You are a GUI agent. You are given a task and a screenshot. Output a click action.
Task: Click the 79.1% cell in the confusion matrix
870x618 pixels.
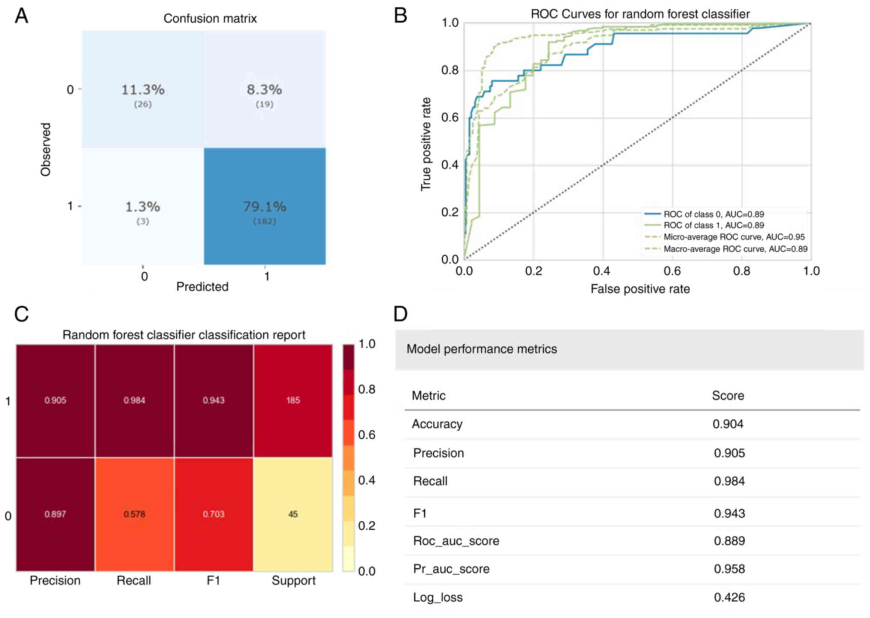[x=265, y=207]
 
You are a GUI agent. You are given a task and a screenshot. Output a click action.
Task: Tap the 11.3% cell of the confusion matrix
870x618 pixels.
[x=143, y=90]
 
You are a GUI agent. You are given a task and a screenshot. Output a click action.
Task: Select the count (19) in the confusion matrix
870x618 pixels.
[x=264, y=104]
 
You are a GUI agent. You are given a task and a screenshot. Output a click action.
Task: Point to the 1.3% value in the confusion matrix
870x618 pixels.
[x=143, y=207]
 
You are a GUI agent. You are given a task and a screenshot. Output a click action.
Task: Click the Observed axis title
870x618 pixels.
[x=45, y=149]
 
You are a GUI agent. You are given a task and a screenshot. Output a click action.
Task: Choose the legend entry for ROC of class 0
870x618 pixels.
[x=713, y=214]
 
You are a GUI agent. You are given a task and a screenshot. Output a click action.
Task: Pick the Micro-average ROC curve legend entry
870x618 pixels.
[x=734, y=237]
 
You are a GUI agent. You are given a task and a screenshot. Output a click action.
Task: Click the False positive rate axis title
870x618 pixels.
[x=640, y=289]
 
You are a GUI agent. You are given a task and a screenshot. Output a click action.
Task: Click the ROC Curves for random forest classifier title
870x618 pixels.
[x=640, y=14]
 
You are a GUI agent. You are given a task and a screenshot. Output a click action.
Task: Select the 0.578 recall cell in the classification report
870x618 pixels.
[x=134, y=514]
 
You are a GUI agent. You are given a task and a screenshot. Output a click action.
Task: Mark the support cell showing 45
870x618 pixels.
[x=293, y=514]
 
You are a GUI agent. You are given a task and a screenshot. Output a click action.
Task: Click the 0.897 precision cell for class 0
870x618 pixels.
[x=55, y=514]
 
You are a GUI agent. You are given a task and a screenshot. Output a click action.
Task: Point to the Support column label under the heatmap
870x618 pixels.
[x=293, y=581]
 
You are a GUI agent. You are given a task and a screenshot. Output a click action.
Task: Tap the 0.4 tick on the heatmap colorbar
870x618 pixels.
[x=366, y=480]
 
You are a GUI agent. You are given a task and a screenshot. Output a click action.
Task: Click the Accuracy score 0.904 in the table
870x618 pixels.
[x=728, y=424]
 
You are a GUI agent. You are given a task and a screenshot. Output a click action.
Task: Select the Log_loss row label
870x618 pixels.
[x=438, y=597]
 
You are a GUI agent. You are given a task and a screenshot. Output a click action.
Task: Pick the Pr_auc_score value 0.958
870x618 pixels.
[x=729, y=569]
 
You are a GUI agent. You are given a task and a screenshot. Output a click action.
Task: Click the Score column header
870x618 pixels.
[x=727, y=395]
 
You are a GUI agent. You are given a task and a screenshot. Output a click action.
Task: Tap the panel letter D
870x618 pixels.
[x=400, y=314]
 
